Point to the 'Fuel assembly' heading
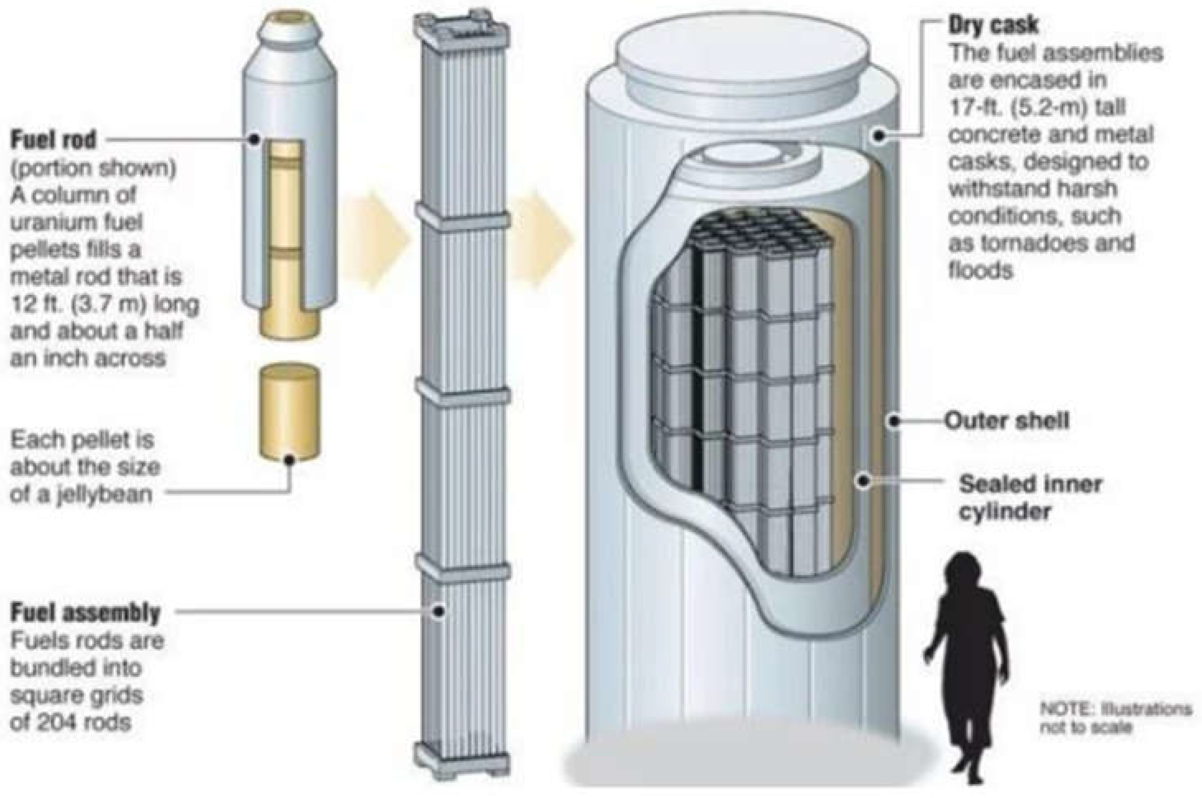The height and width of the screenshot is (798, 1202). (x=85, y=613)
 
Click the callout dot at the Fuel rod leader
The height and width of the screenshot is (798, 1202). (x=254, y=139)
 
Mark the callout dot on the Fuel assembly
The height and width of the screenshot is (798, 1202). (x=439, y=612)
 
